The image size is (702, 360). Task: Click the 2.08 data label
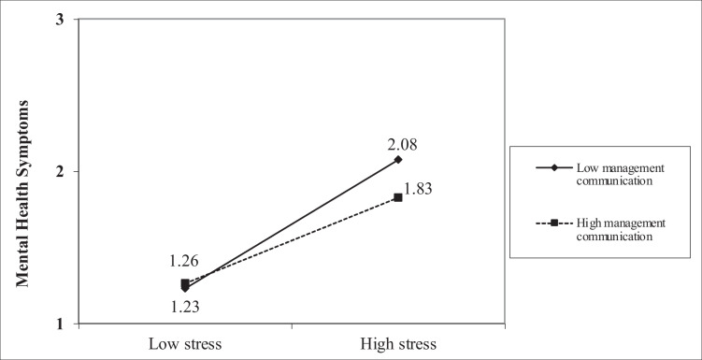click(x=398, y=144)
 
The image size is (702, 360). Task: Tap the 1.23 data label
click(x=185, y=304)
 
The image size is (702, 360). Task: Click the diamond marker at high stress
click(x=398, y=160)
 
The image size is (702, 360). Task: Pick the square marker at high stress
click(x=398, y=197)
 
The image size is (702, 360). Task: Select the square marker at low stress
click(x=185, y=283)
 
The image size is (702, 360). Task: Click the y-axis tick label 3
click(x=60, y=20)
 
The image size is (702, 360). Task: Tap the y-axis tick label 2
click(x=60, y=172)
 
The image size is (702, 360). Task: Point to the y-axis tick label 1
click(x=60, y=324)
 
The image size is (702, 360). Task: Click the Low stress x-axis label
click(x=185, y=343)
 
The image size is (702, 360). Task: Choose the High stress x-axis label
click(x=398, y=343)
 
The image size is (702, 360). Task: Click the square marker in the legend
click(x=553, y=223)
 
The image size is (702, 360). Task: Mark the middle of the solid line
click(x=292, y=224)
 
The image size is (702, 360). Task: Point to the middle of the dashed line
click(x=292, y=240)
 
